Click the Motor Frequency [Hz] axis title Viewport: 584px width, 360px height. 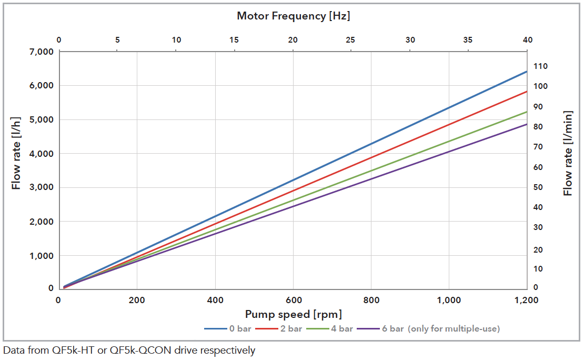(x=293, y=16)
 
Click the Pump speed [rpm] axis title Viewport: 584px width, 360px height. (x=293, y=315)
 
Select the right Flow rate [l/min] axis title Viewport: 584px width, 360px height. (x=568, y=153)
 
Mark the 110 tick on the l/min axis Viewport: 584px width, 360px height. (x=541, y=66)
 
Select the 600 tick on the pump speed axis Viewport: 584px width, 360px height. (x=294, y=300)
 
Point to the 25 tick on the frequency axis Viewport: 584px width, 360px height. (x=351, y=40)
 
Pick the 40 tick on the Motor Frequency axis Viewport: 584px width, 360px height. (x=527, y=40)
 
